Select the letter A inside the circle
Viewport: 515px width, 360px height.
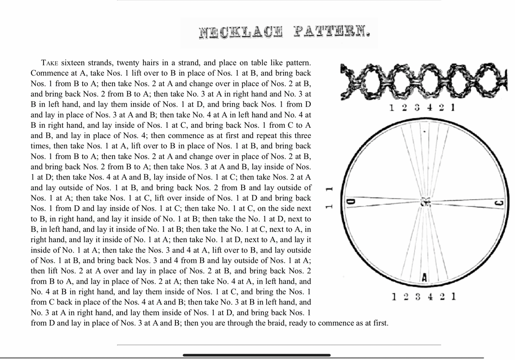(424, 278)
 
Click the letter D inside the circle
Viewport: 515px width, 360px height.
(353, 202)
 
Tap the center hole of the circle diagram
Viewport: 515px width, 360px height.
(425, 203)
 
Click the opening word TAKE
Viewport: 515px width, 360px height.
(49, 63)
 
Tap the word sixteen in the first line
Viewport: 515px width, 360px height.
(75, 63)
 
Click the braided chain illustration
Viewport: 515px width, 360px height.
(423, 81)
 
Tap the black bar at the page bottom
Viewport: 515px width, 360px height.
(256, 355)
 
